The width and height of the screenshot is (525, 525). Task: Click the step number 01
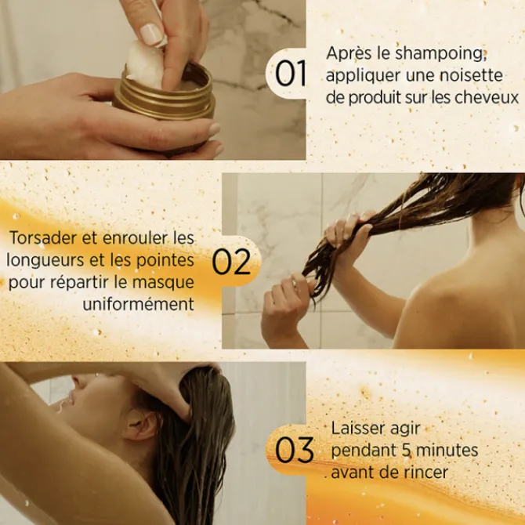(x=291, y=75)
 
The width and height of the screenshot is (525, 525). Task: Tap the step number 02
(x=232, y=263)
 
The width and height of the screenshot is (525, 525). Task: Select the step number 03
(x=295, y=451)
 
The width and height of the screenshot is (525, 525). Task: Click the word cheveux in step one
(x=491, y=97)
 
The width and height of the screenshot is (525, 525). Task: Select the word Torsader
(x=44, y=237)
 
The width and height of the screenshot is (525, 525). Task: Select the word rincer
(x=429, y=472)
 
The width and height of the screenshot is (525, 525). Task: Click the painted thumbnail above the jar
(x=150, y=34)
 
